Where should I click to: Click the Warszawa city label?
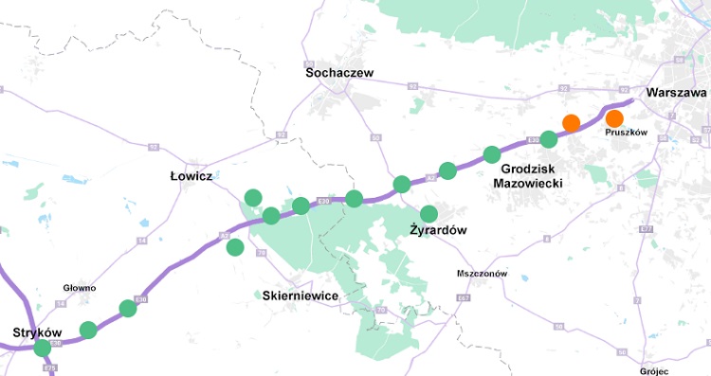(x=675, y=94)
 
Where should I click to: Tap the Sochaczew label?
(x=340, y=73)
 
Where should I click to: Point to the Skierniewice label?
(x=299, y=295)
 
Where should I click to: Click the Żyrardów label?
(x=438, y=230)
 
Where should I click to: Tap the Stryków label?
(x=38, y=332)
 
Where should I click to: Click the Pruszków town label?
(x=626, y=133)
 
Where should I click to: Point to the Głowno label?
(x=80, y=287)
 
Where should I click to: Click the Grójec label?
(x=655, y=371)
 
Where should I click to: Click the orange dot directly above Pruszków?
(x=614, y=118)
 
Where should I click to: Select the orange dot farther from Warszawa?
(x=571, y=122)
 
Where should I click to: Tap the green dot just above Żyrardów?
(x=428, y=213)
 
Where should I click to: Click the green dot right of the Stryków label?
(x=88, y=330)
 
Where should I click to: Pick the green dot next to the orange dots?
(x=548, y=138)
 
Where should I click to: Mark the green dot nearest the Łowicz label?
(x=253, y=197)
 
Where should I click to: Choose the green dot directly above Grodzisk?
(x=491, y=154)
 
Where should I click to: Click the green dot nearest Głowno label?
(x=128, y=308)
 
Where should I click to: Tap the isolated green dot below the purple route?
(x=235, y=247)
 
